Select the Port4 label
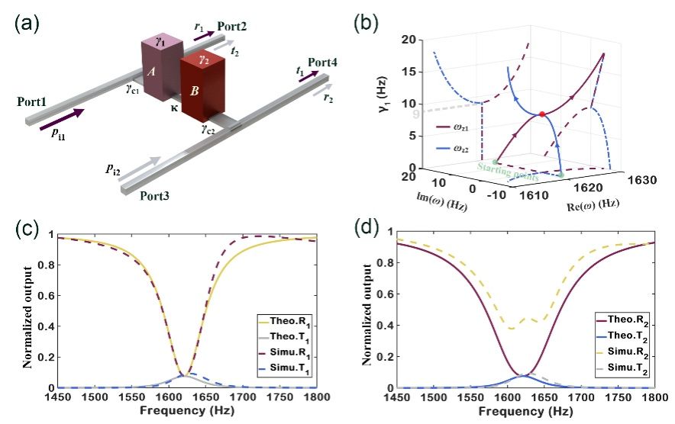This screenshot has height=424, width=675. click(x=323, y=62)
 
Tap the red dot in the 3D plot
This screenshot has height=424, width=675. click(x=542, y=114)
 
